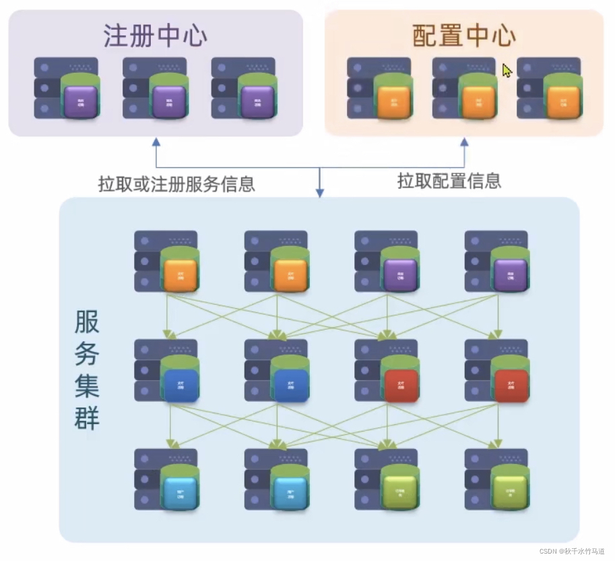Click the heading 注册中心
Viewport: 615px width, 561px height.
[155, 36]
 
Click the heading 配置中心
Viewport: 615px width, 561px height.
[464, 36]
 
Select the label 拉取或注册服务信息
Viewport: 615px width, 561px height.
[176, 184]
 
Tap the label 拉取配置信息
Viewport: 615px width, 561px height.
[449, 181]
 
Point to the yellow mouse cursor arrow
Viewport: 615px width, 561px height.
[507, 70]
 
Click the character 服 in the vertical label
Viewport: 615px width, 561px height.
[87, 323]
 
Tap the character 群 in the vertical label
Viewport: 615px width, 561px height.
[87, 419]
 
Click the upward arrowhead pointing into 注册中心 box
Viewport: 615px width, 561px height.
[156, 142]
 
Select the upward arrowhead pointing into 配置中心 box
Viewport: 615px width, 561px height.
[464, 142]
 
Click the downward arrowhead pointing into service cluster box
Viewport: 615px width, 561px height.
[320, 194]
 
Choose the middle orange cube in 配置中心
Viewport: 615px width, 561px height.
[478, 102]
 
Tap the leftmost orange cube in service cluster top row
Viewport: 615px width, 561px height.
[180, 275]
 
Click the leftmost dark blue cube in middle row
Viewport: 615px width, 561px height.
[180, 385]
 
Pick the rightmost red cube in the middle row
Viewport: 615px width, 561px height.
[510, 385]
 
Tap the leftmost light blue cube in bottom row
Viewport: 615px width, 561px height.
[180, 494]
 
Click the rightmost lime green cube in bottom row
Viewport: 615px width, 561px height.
[510, 494]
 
